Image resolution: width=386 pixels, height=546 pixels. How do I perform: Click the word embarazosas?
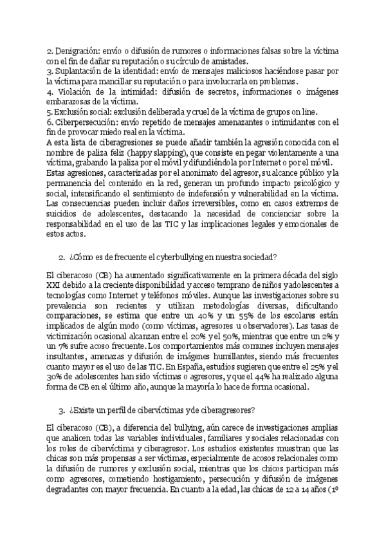[x=72, y=102]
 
